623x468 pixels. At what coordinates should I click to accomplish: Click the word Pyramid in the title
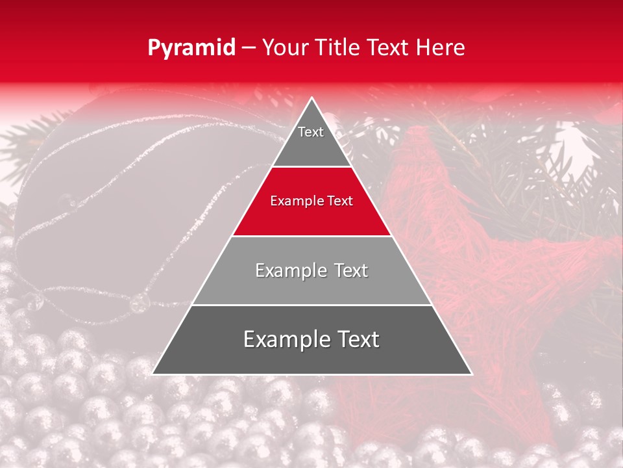point(191,48)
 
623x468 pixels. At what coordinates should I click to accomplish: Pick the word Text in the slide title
point(389,47)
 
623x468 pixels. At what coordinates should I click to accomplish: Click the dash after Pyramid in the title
point(248,48)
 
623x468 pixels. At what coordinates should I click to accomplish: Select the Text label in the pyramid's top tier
point(311,132)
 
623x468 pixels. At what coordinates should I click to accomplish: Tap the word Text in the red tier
point(339,201)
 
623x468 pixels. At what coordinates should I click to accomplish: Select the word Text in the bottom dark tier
point(356,340)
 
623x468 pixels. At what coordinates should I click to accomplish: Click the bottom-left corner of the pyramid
point(153,374)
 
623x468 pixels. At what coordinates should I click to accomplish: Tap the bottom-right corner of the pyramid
point(471,374)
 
